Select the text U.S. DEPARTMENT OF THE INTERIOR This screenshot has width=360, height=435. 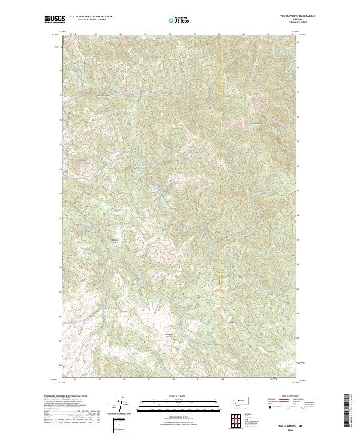pyautogui.click(x=91, y=17)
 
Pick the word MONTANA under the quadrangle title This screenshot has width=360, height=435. pyautogui.click(x=282, y=20)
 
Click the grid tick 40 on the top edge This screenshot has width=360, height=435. pyautogui.click(x=220, y=34)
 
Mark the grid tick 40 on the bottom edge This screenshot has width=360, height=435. pyautogui.click(x=223, y=379)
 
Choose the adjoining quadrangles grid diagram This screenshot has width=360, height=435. pyautogui.click(x=236, y=419)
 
